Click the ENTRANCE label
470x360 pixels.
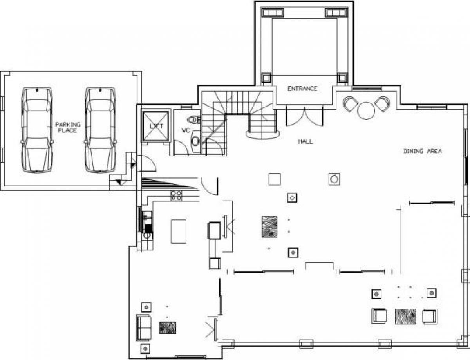click(x=302, y=89)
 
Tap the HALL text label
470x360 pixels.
click(x=305, y=141)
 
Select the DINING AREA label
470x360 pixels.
click(x=423, y=151)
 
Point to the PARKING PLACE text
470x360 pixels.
click(x=68, y=127)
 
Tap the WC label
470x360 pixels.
click(x=185, y=130)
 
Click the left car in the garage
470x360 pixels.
click(x=37, y=130)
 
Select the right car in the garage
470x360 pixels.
click(x=100, y=130)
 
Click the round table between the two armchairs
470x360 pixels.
click(x=366, y=110)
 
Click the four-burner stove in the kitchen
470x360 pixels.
click(x=176, y=195)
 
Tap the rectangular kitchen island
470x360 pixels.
click(x=179, y=232)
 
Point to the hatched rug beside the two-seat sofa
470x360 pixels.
click(x=167, y=328)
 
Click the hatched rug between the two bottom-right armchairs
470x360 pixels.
click(x=405, y=317)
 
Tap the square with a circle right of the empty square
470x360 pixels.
click(x=334, y=179)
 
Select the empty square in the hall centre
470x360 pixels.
click(x=275, y=179)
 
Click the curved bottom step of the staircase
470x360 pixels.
click(x=263, y=136)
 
